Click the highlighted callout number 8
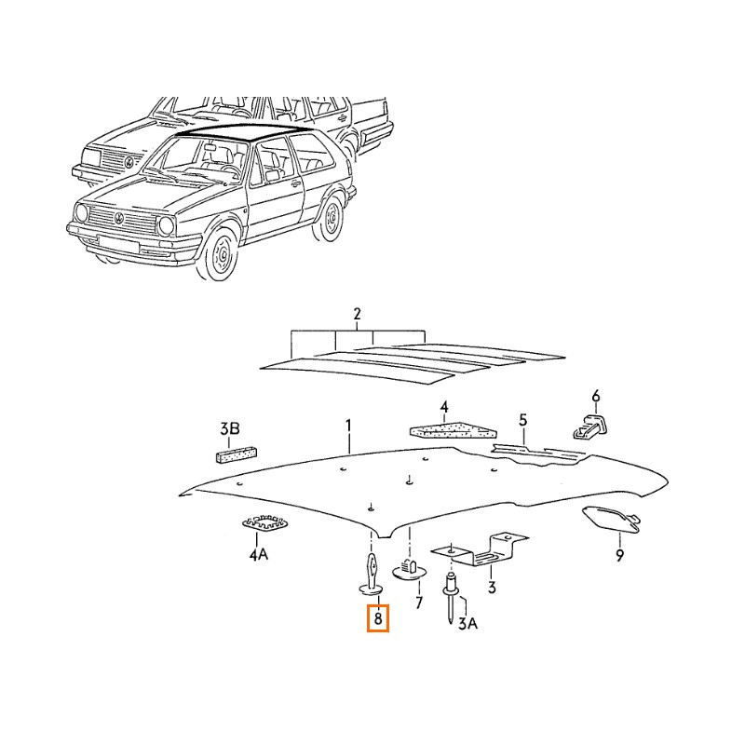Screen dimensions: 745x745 (378, 618)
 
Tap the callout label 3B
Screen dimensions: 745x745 (229, 429)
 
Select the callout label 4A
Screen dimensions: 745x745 (259, 554)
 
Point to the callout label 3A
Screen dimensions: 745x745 (467, 623)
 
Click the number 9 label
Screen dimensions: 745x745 (619, 555)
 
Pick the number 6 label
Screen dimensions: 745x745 (596, 396)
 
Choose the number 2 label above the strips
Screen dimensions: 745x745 (357, 314)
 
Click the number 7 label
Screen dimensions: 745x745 (418, 603)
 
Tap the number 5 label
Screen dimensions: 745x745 (522, 420)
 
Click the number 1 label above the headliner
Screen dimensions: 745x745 (348, 426)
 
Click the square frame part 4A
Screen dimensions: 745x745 (264, 522)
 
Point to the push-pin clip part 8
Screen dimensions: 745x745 (371, 576)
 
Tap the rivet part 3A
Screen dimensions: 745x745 (450, 598)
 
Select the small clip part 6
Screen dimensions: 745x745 (589, 427)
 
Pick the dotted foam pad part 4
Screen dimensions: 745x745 (453, 429)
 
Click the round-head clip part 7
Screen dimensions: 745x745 (410, 569)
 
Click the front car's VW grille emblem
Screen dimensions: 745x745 (119, 218)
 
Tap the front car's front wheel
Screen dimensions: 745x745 (220, 253)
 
